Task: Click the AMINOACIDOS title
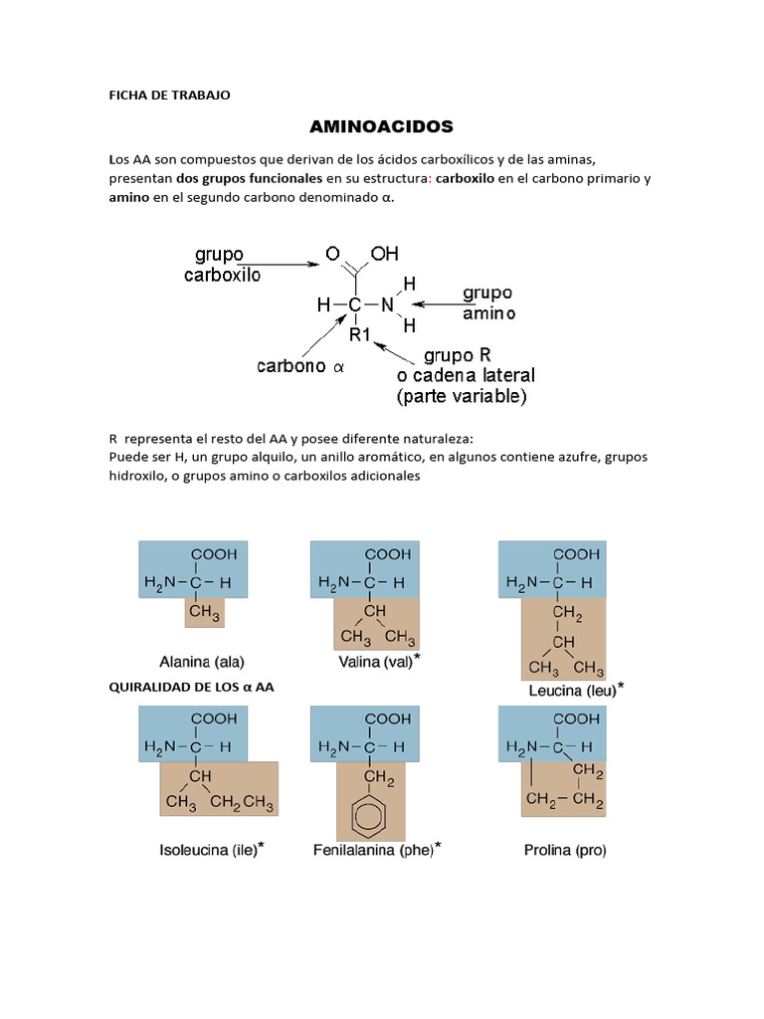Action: (382, 126)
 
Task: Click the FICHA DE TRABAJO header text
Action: (169, 96)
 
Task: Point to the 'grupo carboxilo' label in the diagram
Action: (222, 265)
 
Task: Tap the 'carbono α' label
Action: (299, 366)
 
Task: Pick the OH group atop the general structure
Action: (384, 254)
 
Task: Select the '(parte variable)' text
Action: (461, 396)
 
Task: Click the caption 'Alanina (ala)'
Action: (202, 661)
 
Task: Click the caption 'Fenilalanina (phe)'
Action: (376, 851)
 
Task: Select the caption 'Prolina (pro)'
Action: (564, 851)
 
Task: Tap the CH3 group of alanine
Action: (204, 613)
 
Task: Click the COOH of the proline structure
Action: (576, 717)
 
